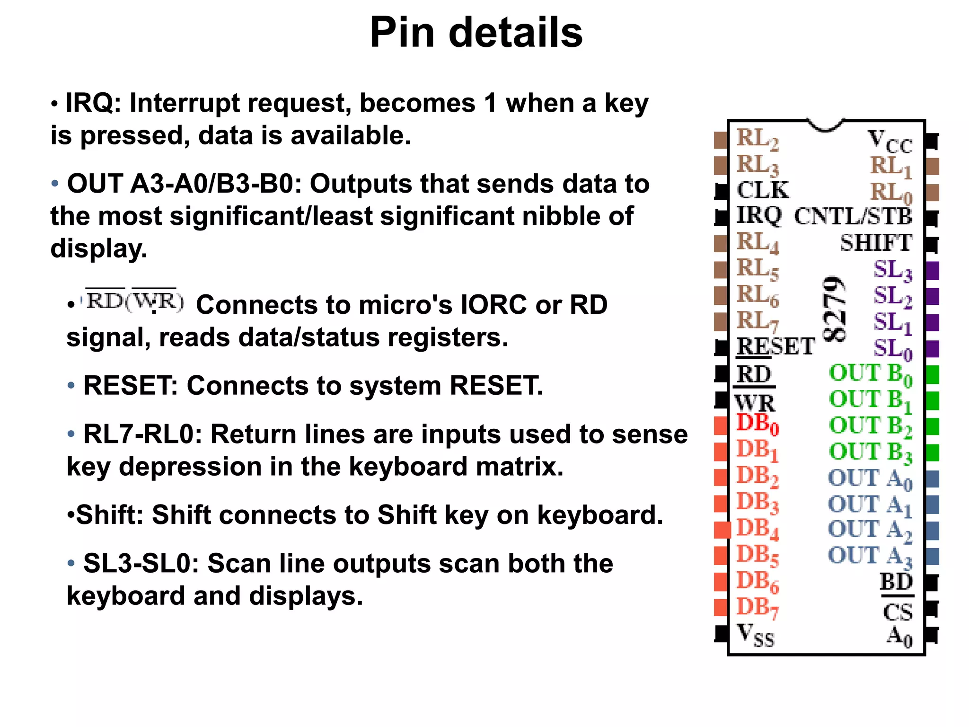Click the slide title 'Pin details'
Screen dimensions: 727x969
[476, 32]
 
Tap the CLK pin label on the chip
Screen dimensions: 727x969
[763, 190]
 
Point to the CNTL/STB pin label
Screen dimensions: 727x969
[853, 217]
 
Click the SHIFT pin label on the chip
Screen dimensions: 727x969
[876, 243]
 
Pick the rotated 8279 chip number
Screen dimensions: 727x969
[834, 309]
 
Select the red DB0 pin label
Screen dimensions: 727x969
[757, 424]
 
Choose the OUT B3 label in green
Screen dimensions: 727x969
[870, 452]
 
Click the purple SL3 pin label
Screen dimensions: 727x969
[892, 271]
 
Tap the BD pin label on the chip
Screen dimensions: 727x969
[896, 582]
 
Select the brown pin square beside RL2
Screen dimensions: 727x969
[721, 140]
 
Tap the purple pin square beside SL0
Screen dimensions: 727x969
[932, 349]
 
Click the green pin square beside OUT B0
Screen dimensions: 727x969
[932, 374]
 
